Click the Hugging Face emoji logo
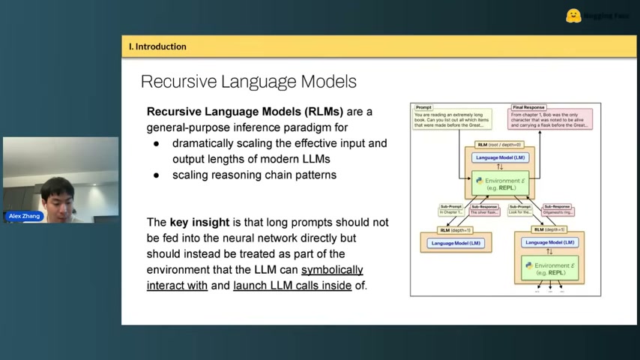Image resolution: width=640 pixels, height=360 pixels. click(573, 16)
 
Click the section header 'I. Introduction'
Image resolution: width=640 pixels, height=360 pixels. click(157, 46)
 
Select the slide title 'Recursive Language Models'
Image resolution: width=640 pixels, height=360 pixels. click(248, 81)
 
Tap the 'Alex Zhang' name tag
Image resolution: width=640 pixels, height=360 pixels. click(25, 216)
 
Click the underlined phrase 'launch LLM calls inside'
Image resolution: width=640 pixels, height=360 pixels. click(292, 285)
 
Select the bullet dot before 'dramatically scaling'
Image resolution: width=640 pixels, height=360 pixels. click(157, 142)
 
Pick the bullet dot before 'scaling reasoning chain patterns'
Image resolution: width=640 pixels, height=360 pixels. click(157, 175)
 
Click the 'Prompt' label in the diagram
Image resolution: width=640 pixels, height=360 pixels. click(423, 107)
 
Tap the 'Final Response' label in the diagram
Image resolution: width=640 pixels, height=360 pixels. click(528, 107)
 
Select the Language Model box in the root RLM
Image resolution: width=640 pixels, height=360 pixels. click(500, 157)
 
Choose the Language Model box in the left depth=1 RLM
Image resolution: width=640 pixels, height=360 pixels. click(456, 243)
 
